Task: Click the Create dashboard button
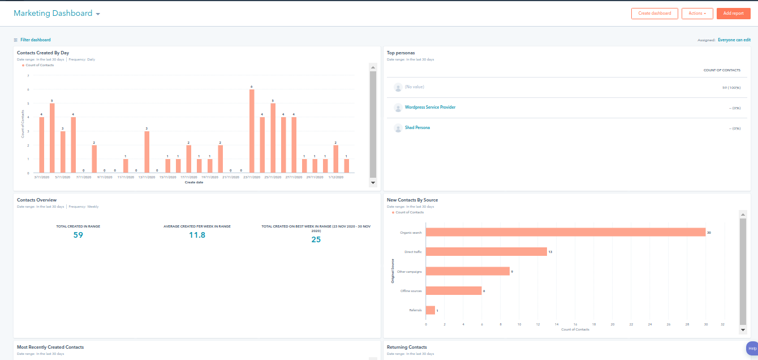(654, 14)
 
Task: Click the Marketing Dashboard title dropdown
(57, 14)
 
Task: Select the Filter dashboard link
(40, 40)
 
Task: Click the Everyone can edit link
(734, 40)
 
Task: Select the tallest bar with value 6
(252, 131)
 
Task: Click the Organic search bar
(566, 232)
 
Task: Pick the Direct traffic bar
(486, 251)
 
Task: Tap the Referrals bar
(430, 310)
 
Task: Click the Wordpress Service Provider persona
(430, 107)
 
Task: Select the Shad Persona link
(417, 128)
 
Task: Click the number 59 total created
(78, 235)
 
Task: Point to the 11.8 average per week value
(197, 235)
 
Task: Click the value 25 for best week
(316, 239)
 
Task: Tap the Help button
(752, 348)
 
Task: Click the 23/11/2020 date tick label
(252, 177)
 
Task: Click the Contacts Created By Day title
(43, 53)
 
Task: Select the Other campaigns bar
(468, 271)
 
